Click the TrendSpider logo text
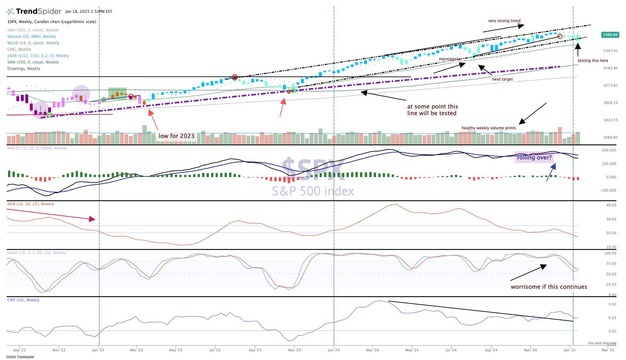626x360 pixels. tap(38, 12)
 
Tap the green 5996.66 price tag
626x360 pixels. tap(610, 35)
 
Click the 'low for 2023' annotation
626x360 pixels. tap(176, 136)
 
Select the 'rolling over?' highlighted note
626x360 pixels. tap(534, 158)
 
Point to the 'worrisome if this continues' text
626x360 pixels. tap(549, 287)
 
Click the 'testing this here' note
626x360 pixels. tap(593, 61)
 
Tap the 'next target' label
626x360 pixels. tap(502, 79)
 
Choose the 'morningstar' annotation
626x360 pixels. tap(450, 59)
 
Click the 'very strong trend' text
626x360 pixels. tap(504, 21)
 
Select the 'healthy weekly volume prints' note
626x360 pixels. tap(489, 128)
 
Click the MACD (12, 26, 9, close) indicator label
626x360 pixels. tap(37, 148)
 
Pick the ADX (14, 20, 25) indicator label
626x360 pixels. tap(30, 204)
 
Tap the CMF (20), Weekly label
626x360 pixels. tap(23, 300)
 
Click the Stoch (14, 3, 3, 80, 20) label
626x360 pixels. tap(37, 253)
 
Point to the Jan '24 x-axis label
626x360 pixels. tap(333, 350)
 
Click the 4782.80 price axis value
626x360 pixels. tap(610, 68)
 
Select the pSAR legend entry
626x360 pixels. tap(38, 56)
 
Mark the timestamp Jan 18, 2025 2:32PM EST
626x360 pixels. tap(89, 12)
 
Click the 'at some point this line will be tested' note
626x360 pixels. tap(432, 110)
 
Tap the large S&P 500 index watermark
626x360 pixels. tap(313, 191)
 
